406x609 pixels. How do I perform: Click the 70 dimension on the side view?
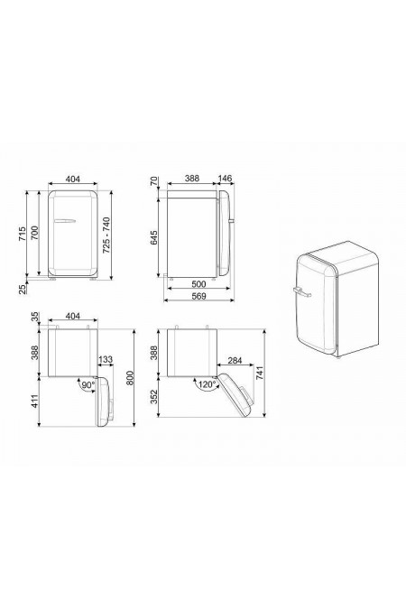point(154,183)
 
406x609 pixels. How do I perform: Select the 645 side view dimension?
point(154,237)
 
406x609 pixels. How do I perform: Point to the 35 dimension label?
point(33,317)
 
